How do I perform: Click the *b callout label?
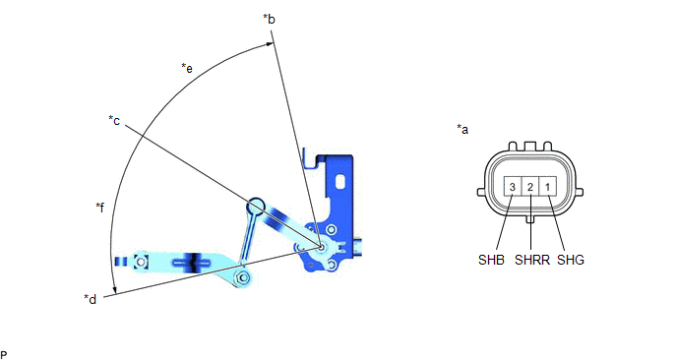tap(269, 20)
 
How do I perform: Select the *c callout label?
tap(114, 120)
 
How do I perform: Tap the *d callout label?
tap(91, 299)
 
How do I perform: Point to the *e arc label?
tap(187, 68)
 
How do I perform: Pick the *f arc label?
tap(99, 208)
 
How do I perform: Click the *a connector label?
tap(462, 129)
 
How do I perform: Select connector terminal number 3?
tap(513, 187)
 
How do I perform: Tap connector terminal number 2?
tap(530, 187)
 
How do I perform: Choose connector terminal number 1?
tap(547, 187)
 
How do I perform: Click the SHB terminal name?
tap(491, 260)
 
